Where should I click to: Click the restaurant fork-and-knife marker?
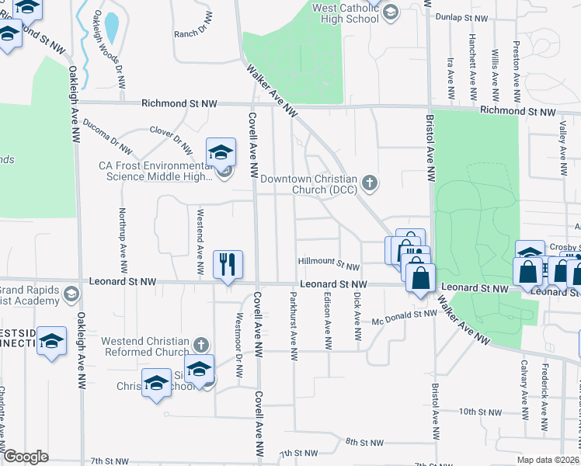tap(228, 264)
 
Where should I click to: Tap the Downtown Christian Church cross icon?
tap(371, 184)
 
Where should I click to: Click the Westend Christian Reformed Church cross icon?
tap(201, 343)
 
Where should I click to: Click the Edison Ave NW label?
tap(327, 318)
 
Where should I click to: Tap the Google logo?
tap(26, 457)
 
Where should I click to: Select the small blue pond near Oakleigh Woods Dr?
tap(111, 28)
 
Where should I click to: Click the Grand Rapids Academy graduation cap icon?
tap(71, 294)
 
